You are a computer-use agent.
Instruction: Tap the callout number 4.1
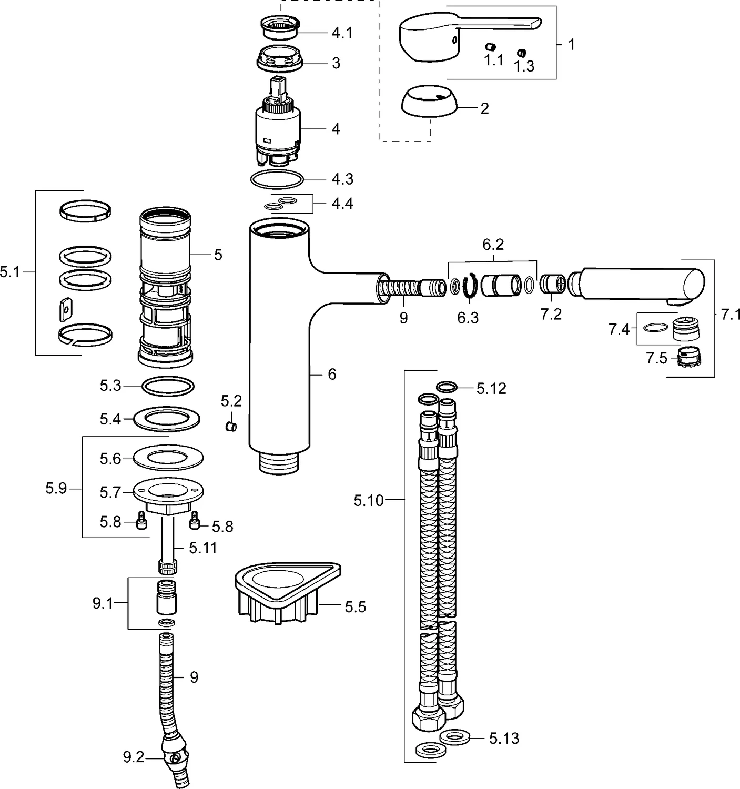tap(342, 33)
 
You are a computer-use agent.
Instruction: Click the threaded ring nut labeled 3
tap(280, 58)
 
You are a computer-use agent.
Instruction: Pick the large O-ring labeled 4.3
tap(277, 179)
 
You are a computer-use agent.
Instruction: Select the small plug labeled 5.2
tap(231, 426)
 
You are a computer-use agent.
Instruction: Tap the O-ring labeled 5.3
tap(168, 386)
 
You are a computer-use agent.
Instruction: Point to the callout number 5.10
tap(369, 500)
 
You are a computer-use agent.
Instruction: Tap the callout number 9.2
tap(134, 758)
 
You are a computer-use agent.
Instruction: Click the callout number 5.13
tap(504, 739)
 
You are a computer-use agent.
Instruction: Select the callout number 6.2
tap(493, 245)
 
